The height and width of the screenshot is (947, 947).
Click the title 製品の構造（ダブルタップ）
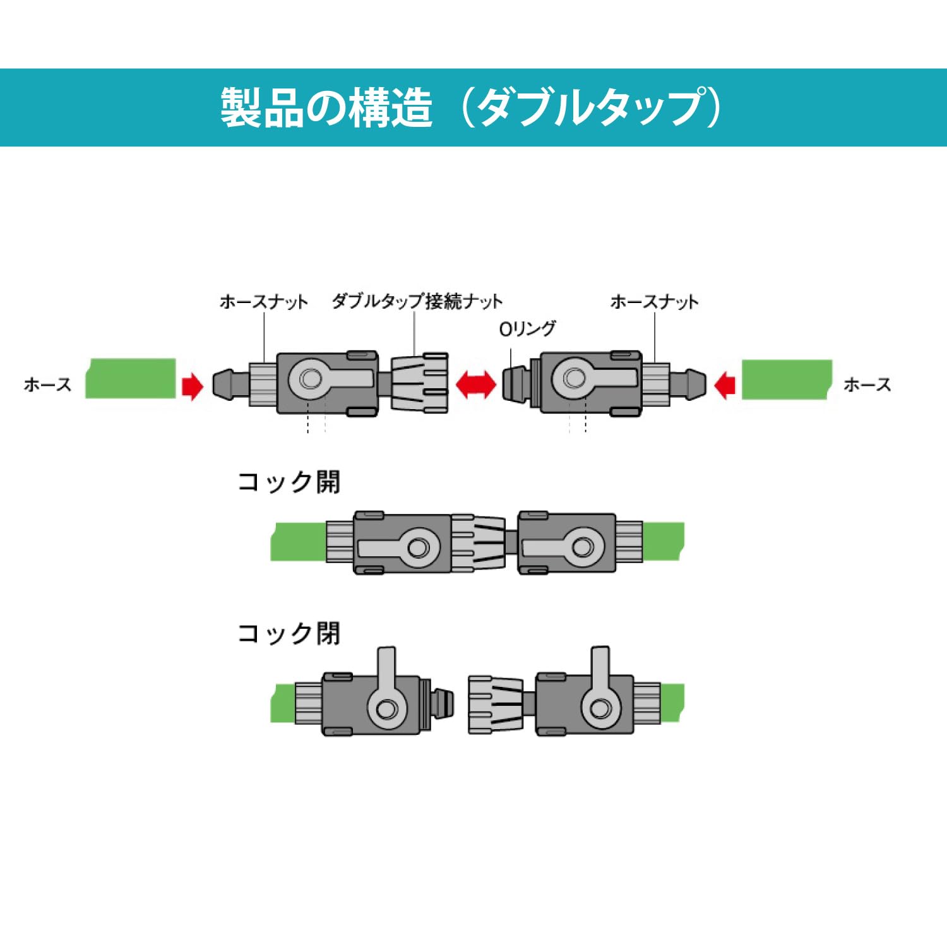[470, 107]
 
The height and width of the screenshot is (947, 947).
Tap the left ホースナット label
[263, 302]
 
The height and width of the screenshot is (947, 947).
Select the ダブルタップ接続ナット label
[417, 301]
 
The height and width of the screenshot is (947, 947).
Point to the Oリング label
[527, 328]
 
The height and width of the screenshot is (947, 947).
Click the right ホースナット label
[654, 302]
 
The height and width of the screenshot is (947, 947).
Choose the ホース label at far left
[47, 384]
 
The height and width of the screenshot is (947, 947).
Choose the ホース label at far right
[867, 384]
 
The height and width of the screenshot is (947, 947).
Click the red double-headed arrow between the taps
[476, 384]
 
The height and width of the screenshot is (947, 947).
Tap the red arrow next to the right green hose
[725, 384]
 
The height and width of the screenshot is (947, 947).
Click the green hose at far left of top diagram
[131, 379]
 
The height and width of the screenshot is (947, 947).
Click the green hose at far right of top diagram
[787, 379]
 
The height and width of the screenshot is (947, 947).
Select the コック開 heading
[289, 482]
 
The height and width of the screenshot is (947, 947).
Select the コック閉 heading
[289, 633]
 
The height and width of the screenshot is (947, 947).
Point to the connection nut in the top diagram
[420, 383]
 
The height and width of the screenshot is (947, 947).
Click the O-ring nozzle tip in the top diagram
[515, 384]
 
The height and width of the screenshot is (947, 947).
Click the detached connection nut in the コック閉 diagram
[495, 704]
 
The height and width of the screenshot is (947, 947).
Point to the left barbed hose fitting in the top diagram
[230, 384]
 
